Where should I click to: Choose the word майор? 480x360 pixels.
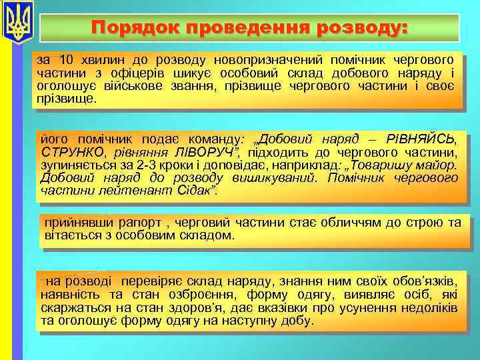coord(437,165)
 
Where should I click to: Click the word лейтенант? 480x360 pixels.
coord(123,190)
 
